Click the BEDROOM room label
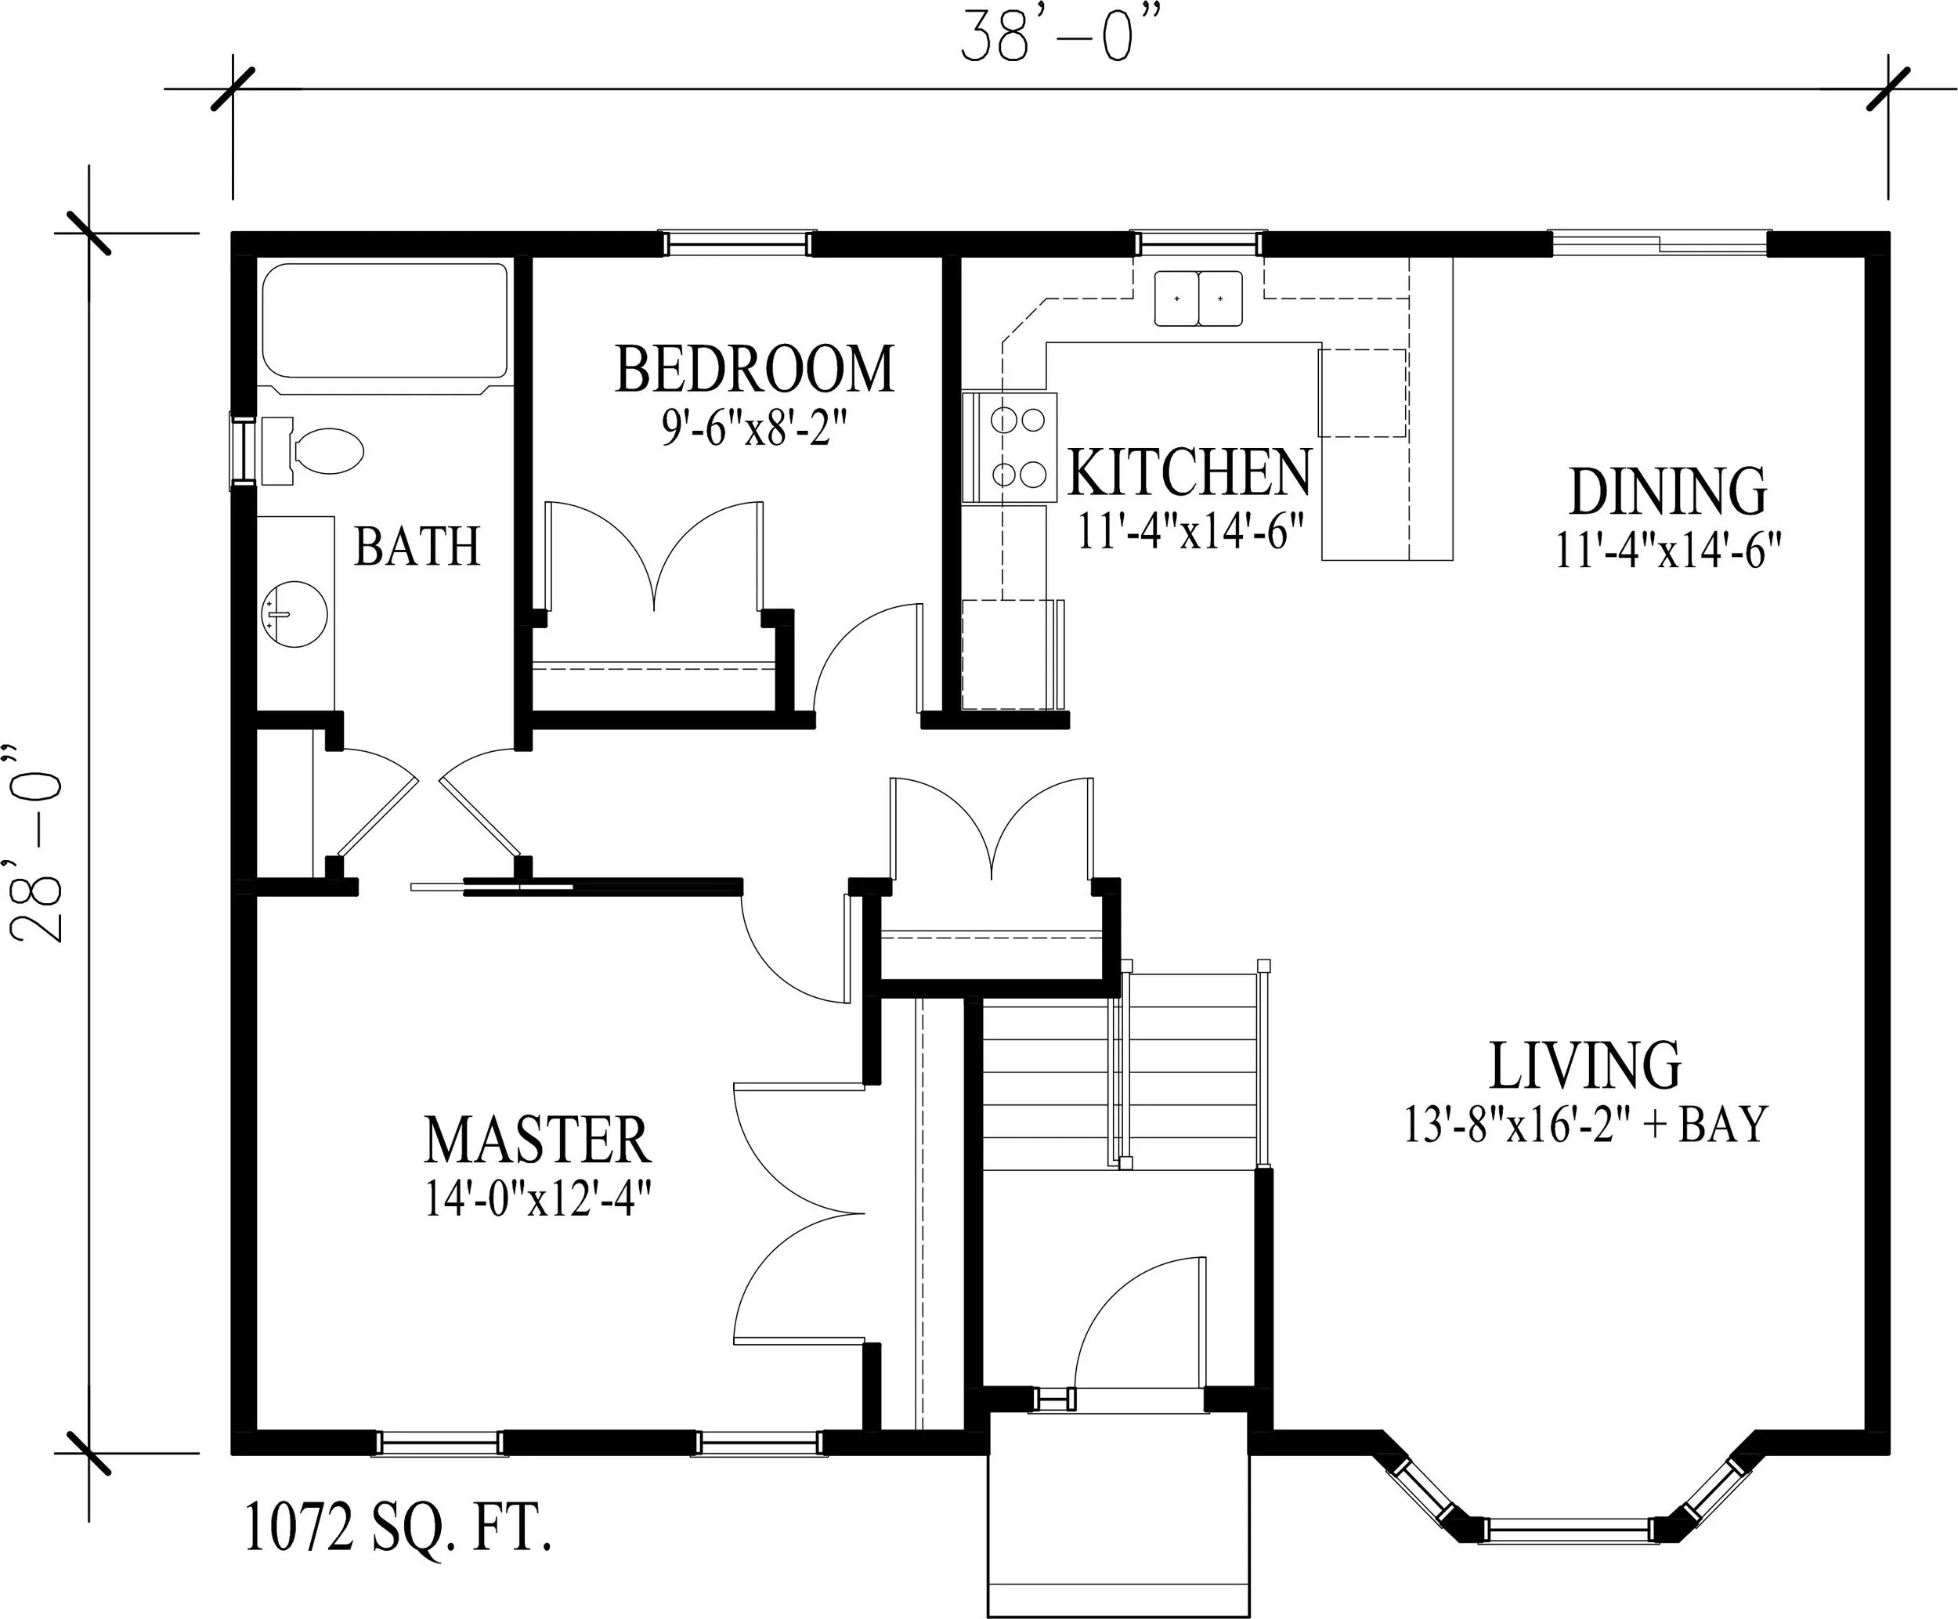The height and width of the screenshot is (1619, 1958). click(x=754, y=370)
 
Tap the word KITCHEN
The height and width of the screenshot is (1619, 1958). click(x=1190, y=473)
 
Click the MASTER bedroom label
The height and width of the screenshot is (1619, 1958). click(x=538, y=1139)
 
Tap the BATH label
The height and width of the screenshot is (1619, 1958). click(x=417, y=547)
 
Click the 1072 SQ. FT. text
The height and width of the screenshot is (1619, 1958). click(x=397, y=1527)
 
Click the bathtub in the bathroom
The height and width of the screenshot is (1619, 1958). click(x=385, y=324)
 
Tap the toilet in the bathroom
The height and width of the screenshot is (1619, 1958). click(x=312, y=451)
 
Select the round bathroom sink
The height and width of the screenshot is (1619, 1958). click(x=294, y=615)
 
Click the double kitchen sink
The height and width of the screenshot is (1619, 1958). click(x=1198, y=298)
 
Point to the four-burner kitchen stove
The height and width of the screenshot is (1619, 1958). click(x=1010, y=449)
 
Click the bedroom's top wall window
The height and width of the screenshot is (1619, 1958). click(x=739, y=244)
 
